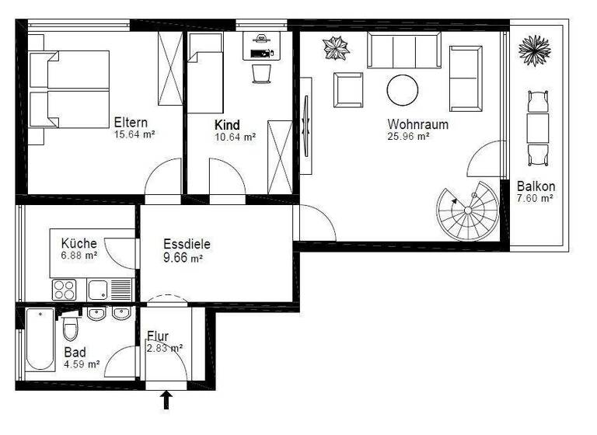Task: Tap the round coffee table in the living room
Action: coord(403,90)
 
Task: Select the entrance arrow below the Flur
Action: coord(165,400)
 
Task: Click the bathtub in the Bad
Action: coord(39,340)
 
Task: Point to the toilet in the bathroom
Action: coord(71,329)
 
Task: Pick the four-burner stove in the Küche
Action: coord(64,291)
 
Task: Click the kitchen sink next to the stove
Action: coord(98,291)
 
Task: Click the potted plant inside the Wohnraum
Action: coord(337,48)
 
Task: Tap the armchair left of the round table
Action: coord(348,90)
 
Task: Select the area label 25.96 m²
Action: coord(409,137)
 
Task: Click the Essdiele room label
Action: coord(187,243)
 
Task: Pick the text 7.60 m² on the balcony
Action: coord(535,199)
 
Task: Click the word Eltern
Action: coord(131,122)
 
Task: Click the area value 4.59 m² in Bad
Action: coord(82,364)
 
